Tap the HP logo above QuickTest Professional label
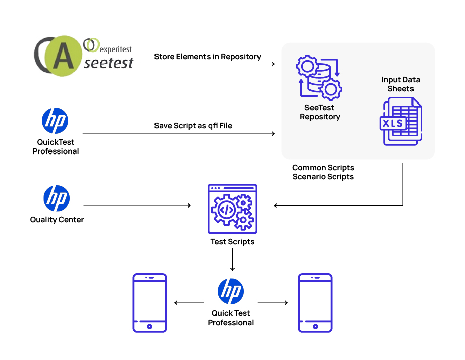[x=55, y=121]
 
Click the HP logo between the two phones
[x=231, y=291]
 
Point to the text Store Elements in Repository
[x=208, y=57]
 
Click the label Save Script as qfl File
[x=193, y=126]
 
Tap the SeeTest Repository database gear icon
[x=319, y=78]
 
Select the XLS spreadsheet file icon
[x=401, y=122]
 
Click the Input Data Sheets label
[x=400, y=84]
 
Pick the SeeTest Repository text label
[x=320, y=112]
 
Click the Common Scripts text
[x=323, y=168]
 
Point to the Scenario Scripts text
[x=323, y=177]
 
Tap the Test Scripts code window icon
[x=232, y=209]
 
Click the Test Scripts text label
[x=232, y=242]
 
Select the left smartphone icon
[x=149, y=302]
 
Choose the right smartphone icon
[x=315, y=302]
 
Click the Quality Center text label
[x=57, y=220]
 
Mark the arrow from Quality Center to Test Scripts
[x=137, y=205]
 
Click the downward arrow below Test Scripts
[x=232, y=260]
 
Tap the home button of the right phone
[x=315, y=326]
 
